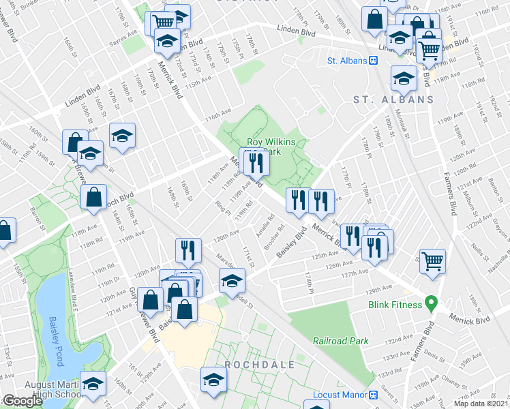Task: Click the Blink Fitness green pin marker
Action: (430, 301)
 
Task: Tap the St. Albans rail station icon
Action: (374, 61)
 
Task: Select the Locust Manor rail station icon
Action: (373, 395)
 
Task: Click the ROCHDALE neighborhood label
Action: (260, 365)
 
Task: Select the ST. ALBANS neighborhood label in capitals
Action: (393, 100)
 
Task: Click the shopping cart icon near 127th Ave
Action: (432, 260)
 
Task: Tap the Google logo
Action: (22, 401)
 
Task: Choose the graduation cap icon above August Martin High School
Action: (93, 382)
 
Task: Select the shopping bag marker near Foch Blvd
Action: (93, 198)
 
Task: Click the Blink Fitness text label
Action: (396, 305)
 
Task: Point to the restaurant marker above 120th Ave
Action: (188, 250)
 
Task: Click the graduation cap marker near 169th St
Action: (123, 136)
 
